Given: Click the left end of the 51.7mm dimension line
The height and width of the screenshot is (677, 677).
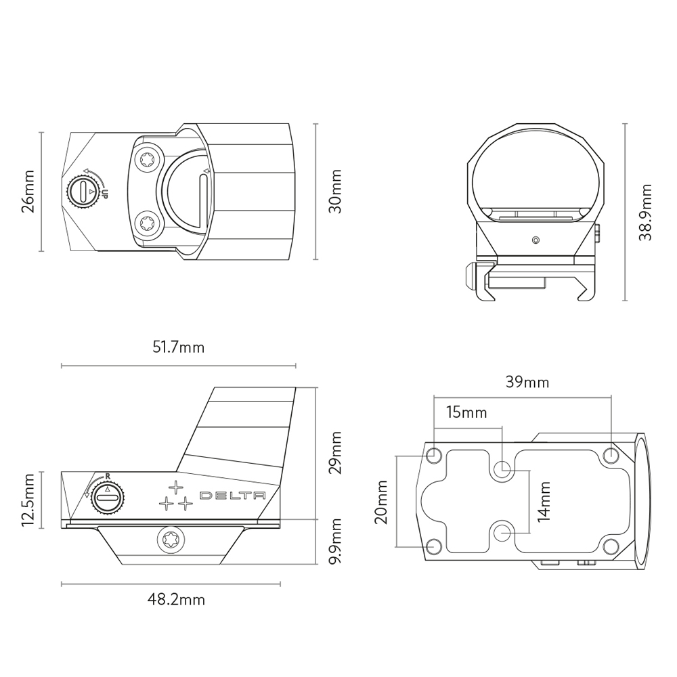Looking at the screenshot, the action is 62,366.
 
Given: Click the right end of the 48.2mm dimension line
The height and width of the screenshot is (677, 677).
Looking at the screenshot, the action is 280,584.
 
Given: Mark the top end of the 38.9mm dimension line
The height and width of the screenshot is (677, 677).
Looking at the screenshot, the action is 625,124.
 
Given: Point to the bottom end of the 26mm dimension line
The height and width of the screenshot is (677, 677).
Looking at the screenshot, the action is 41,251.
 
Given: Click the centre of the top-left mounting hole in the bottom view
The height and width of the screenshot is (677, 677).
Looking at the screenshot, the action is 433,455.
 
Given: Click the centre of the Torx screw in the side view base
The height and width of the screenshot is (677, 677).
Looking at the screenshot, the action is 171,540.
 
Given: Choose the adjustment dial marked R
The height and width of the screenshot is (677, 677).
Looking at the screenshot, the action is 108,498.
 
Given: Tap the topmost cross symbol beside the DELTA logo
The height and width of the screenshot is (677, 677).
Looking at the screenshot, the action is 175,487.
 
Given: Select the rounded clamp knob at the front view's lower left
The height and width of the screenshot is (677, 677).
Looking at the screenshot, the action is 469,276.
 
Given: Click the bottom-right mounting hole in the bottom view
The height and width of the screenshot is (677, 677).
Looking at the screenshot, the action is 611,546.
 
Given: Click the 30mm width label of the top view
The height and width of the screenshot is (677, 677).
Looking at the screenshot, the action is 335,192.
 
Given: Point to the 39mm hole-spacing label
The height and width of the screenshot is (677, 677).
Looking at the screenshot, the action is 527,382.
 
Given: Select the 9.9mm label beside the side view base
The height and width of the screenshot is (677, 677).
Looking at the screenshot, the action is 335,542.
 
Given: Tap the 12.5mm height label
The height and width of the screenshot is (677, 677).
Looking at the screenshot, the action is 28,500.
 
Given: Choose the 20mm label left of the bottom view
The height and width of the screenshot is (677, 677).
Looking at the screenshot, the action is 380,502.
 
